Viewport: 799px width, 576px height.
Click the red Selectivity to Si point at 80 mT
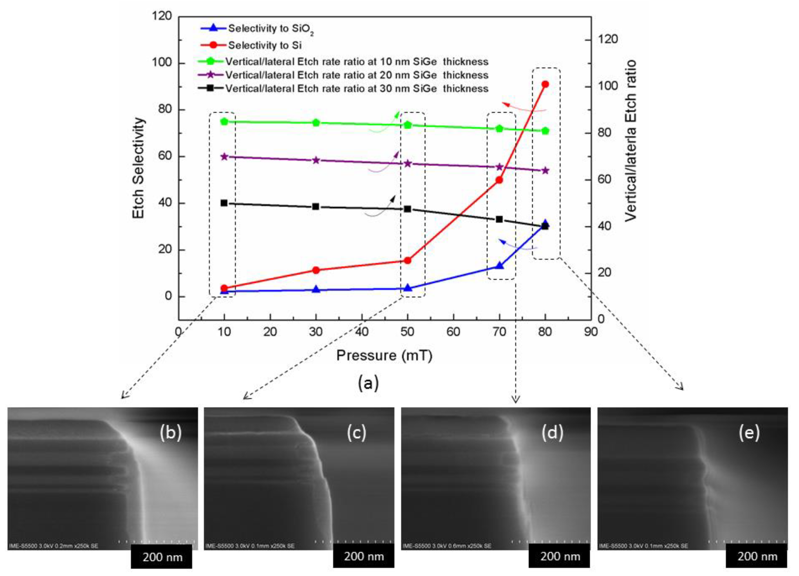545,84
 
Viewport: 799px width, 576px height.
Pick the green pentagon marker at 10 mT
224,122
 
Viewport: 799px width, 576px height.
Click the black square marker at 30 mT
316,206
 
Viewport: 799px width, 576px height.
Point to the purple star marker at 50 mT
408,164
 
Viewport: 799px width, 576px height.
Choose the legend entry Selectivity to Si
265,45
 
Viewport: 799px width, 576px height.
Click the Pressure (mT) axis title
384,355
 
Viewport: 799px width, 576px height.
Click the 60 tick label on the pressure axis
453,332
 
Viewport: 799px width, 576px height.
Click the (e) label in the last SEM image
749,433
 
